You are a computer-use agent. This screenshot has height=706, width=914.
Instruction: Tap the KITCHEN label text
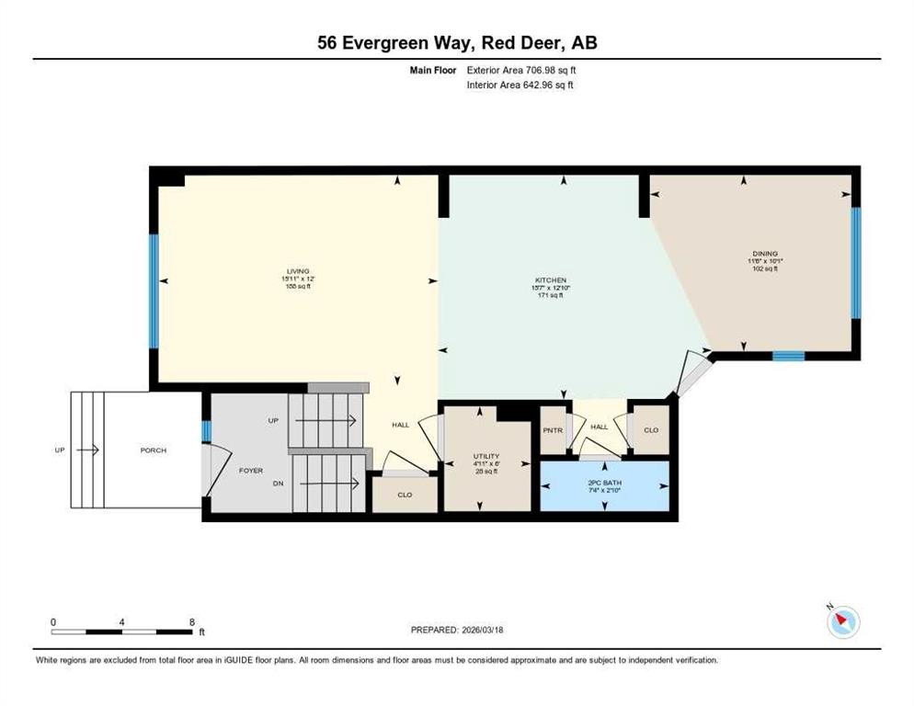tap(550, 280)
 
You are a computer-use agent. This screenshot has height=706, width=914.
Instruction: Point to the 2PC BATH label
tap(604, 482)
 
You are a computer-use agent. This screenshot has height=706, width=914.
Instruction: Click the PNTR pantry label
tap(553, 430)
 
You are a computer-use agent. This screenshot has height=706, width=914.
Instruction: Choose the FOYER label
tap(251, 470)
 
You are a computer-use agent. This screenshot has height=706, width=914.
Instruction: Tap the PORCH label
tap(153, 450)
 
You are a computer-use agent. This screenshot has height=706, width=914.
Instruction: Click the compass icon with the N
tap(842, 622)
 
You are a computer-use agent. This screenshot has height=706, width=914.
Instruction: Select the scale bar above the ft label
tap(122, 632)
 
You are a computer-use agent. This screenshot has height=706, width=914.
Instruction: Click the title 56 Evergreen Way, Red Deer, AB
tap(457, 42)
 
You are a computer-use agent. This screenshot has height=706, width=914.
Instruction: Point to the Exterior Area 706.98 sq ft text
tap(521, 70)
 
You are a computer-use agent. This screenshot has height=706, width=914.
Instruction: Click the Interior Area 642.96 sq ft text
tap(520, 85)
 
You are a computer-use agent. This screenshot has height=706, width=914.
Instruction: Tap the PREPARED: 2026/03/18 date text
tap(457, 630)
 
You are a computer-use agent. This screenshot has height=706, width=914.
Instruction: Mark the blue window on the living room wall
tap(154, 291)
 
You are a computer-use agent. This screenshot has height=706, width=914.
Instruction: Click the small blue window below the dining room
tap(788, 357)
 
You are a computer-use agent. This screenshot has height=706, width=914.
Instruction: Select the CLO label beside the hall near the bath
tap(650, 430)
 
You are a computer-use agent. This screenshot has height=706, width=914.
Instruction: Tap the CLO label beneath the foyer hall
tap(404, 495)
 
